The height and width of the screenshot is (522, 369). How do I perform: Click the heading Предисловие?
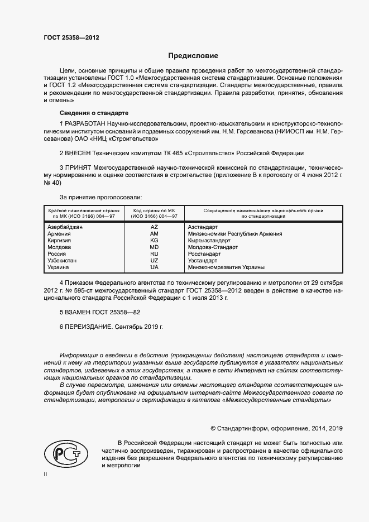[x=193, y=56]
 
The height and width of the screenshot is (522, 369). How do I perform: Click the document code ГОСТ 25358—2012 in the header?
[x=71, y=39]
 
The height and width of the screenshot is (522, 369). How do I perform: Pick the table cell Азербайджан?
[x=65, y=227]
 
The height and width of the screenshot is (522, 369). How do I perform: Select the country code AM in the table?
[x=154, y=234]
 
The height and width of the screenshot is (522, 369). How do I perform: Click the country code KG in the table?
[x=154, y=241]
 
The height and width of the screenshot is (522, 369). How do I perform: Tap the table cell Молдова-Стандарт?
[x=213, y=247]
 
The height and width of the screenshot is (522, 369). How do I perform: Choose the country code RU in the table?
[x=154, y=254]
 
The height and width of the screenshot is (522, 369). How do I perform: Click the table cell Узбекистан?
[x=63, y=261]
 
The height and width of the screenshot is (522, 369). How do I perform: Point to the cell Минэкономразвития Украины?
[x=226, y=267]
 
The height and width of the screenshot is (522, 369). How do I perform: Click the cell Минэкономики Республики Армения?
[x=235, y=234]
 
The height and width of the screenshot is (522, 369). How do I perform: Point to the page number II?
[x=46, y=474]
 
